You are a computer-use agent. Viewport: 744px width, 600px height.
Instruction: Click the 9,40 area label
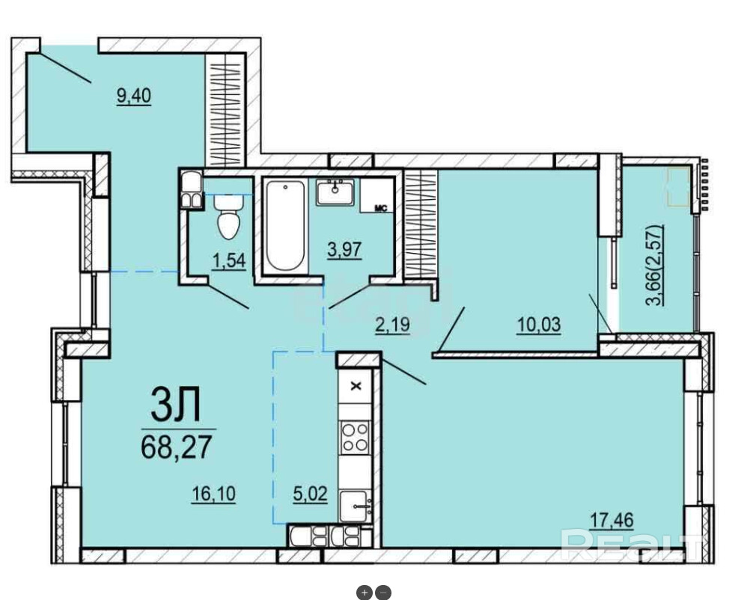click(134, 96)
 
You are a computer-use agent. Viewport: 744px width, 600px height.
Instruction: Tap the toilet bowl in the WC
click(229, 216)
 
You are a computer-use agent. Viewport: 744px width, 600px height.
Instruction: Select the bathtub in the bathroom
click(284, 226)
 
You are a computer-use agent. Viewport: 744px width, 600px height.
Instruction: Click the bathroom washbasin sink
click(335, 192)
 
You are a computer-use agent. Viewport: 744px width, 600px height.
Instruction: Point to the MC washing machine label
click(381, 208)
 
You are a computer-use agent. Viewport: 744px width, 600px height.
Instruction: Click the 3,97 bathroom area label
click(345, 249)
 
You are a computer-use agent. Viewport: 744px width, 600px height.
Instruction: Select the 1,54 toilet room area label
click(229, 260)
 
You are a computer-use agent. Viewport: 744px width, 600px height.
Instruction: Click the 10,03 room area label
click(539, 325)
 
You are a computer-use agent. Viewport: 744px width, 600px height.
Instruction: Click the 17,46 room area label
click(612, 520)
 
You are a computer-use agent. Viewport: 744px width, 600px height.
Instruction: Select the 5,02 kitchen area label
click(311, 495)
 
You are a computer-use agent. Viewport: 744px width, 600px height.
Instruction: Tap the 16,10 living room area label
click(213, 495)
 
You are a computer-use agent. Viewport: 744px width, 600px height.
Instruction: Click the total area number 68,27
click(176, 447)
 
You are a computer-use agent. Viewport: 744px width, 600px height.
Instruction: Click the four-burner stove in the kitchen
click(356, 437)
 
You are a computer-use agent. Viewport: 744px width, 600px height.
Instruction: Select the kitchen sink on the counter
click(356, 506)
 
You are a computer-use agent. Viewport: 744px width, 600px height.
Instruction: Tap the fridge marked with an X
click(356, 386)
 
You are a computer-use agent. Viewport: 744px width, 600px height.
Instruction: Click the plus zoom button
click(365, 593)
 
